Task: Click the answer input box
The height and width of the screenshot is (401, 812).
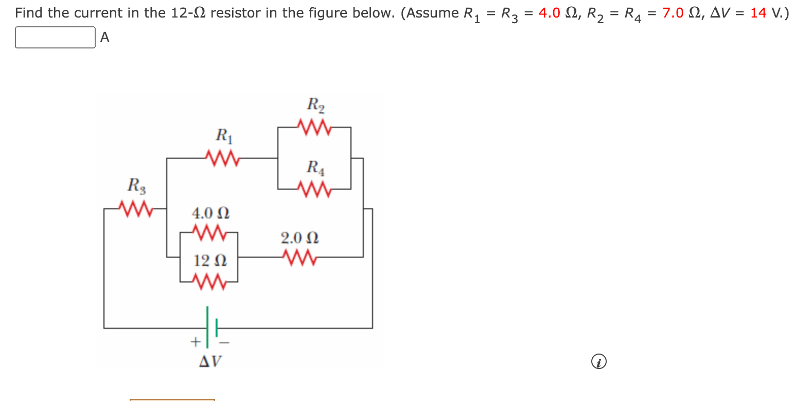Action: pyautogui.click(x=55, y=38)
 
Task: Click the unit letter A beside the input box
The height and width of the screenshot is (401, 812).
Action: pyautogui.click(x=105, y=37)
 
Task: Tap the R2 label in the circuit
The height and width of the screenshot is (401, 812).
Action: pyautogui.click(x=315, y=105)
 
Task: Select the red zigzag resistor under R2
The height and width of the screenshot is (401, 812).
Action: pyautogui.click(x=313, y=127)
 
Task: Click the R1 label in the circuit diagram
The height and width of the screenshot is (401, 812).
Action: pyautogui.click(x=224, y=136)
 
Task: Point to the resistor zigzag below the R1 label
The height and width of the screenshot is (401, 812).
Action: pyautogui.click(x=222, y=158)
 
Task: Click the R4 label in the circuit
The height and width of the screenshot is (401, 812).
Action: pyautogui.click(x=315, y=167)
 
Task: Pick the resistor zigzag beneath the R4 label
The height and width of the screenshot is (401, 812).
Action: pyautogui.click(x=313, y=189)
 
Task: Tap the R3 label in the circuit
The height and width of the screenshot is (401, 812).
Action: pyautogui.click(x=136, y=185)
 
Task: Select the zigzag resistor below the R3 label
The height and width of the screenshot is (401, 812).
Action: pyautogui.click(x=135, y=208)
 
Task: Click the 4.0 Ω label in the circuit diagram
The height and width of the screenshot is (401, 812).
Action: pyautogui.click(x=210, y=213)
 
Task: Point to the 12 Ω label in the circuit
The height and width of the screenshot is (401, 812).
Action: pyautogui.click(x=210, y=261)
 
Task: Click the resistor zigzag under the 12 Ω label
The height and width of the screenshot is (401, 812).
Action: pyautogui.click(x=209, y=281)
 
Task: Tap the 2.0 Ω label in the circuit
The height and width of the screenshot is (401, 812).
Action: pyautogui.click(x=299, y=238)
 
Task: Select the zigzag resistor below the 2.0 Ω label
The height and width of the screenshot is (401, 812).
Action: pyautogui.click(x=298, y=257)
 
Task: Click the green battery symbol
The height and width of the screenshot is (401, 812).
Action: pyautogui.click(x=211, y=327)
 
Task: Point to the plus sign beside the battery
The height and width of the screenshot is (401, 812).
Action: pyautogui.click(x=195, y=341)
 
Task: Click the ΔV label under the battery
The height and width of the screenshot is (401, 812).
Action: pyautogui.click(x=210, y=361)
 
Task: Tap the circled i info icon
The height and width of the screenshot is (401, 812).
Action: pyautogui.click(x=598, y=362)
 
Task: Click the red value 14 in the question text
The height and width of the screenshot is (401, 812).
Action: pyautogui.click(x=758, y=13)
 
